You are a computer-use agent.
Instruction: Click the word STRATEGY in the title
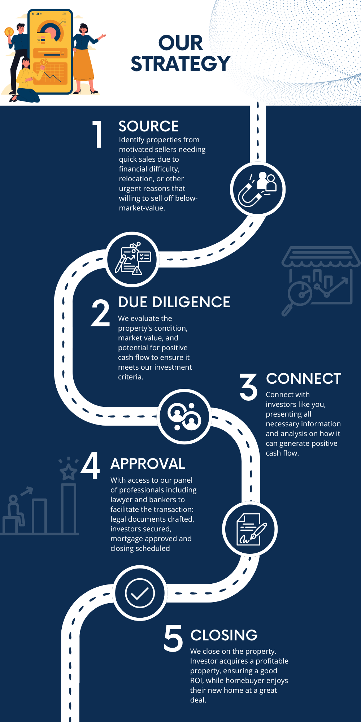(x=180, y=64)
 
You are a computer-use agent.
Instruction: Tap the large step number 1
(x=98, y=134)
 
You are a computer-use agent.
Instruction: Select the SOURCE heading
(x=148, y=126)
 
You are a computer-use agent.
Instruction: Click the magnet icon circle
(x=258, y=189)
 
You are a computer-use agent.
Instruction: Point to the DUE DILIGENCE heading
(x=174, y=302)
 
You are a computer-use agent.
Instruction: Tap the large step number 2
(x=100, y=313)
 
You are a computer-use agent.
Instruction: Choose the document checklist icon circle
(x=133, y=259)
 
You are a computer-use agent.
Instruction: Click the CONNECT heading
(x=303, y=379)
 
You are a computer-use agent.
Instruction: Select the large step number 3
(x=248, y=387)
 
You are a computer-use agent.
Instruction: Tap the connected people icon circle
(x=184, y=417)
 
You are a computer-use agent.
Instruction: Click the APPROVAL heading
(x=148, y=464)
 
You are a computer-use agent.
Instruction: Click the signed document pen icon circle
(x=250, y=529)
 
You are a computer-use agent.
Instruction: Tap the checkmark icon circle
(x=140, y=593)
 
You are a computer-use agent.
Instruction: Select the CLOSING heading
(x=224, y=635)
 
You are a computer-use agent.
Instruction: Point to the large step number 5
(x=173, y=639)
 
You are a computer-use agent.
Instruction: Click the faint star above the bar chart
(x=68, y=471)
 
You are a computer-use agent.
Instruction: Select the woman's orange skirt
(x=84, y=65)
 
